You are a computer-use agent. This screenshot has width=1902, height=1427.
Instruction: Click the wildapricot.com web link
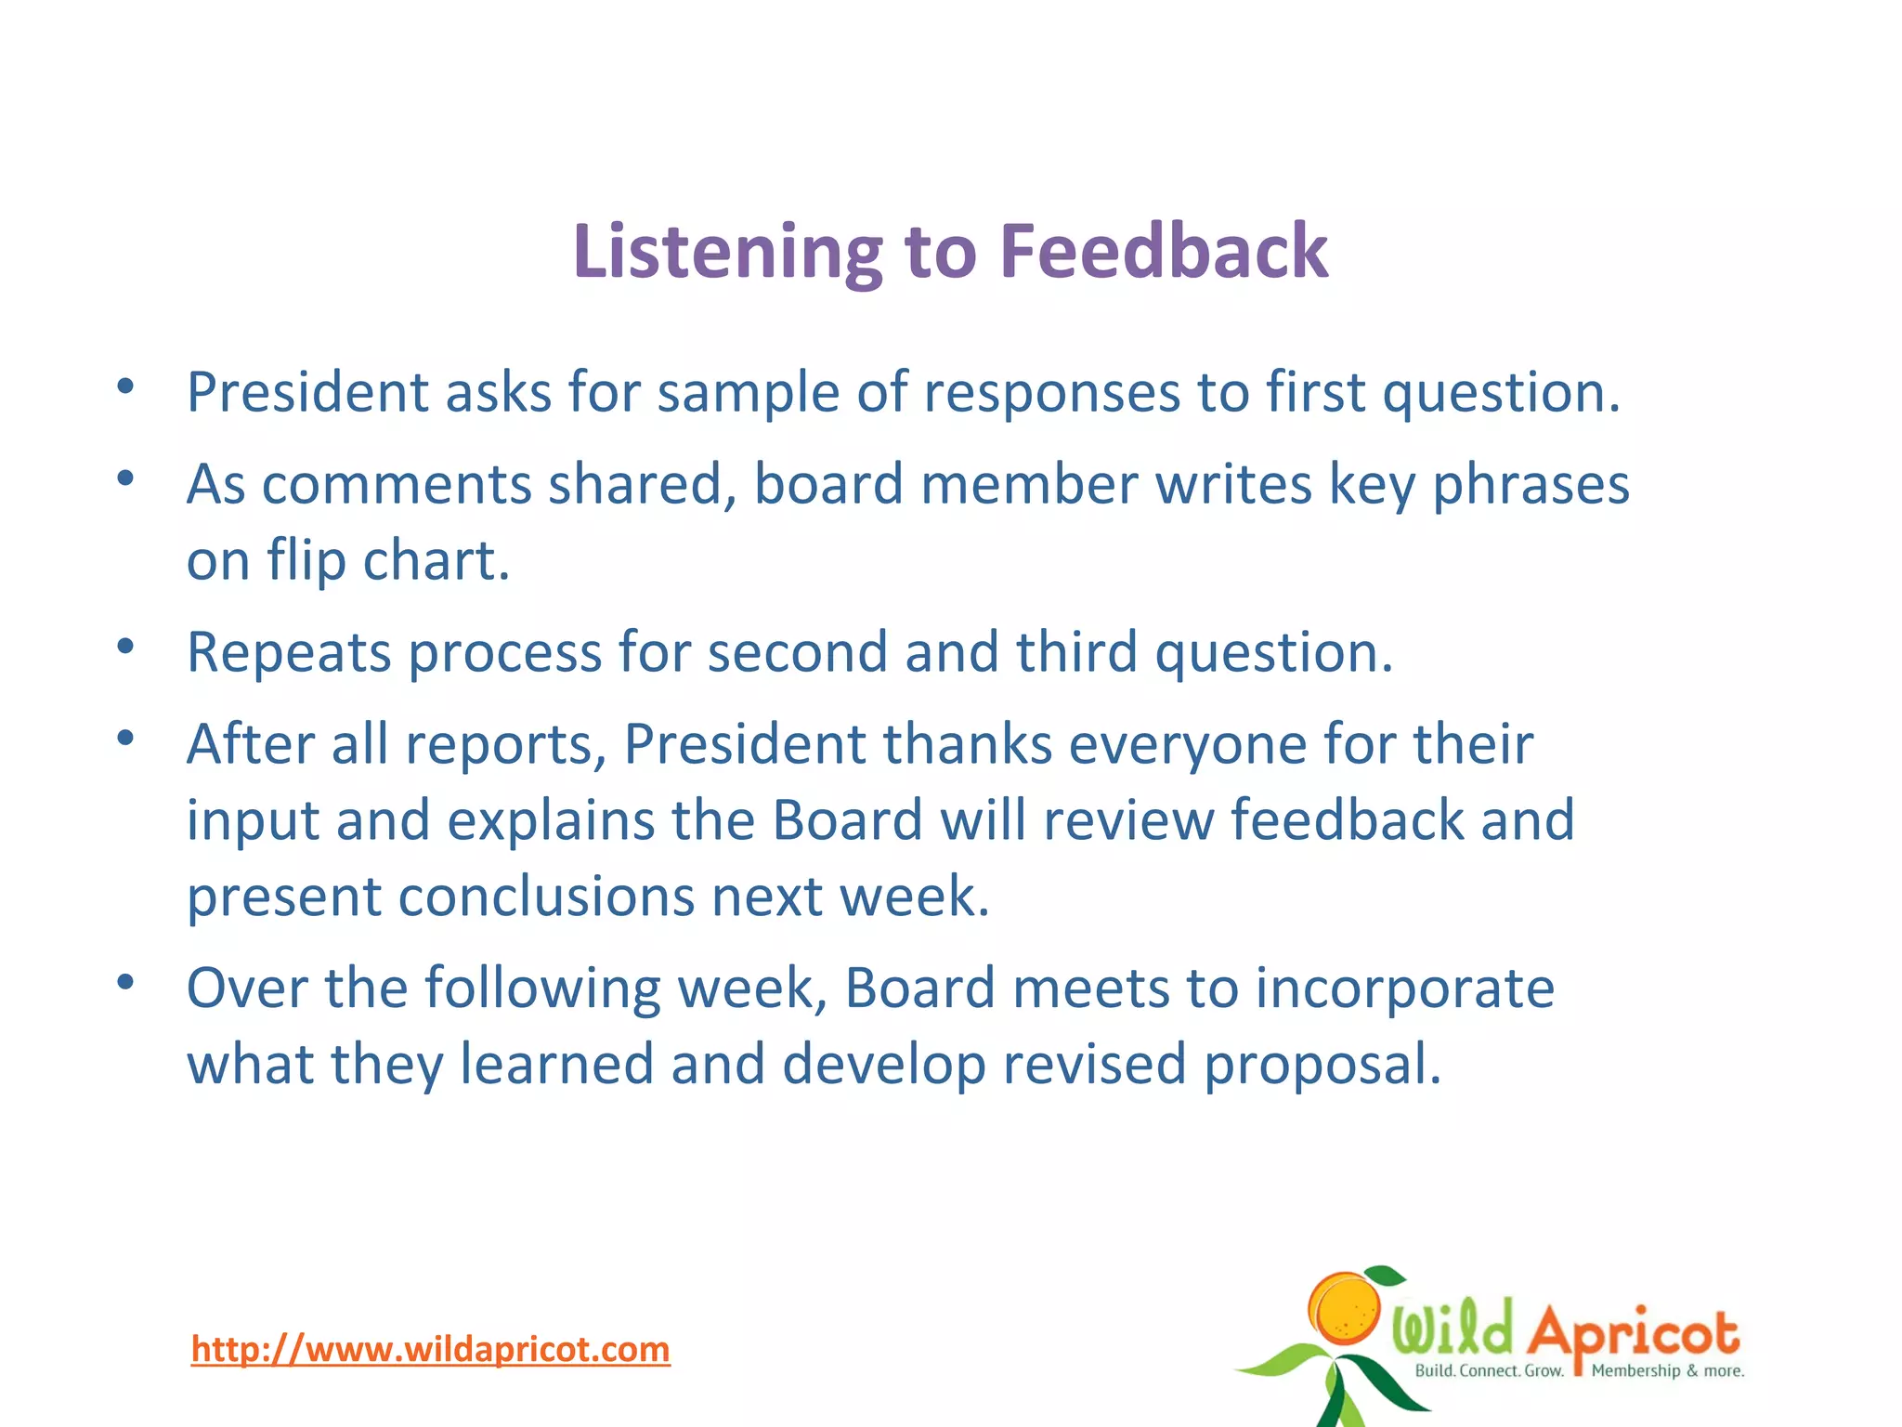coord(430,1349)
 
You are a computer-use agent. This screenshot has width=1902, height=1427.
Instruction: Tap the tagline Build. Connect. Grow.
coord(1489,1371)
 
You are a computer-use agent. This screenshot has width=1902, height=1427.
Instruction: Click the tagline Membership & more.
coord(1668,1371)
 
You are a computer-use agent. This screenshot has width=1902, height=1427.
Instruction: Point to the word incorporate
coord(1404,988)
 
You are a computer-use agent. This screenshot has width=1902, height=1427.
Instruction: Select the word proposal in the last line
coord(1322,1065)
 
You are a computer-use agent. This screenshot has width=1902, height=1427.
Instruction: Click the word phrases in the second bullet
coord(1531,486)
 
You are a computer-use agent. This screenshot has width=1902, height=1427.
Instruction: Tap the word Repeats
coord(289,653)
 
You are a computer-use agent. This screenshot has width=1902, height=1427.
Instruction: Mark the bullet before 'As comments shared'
coord(126,478)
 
